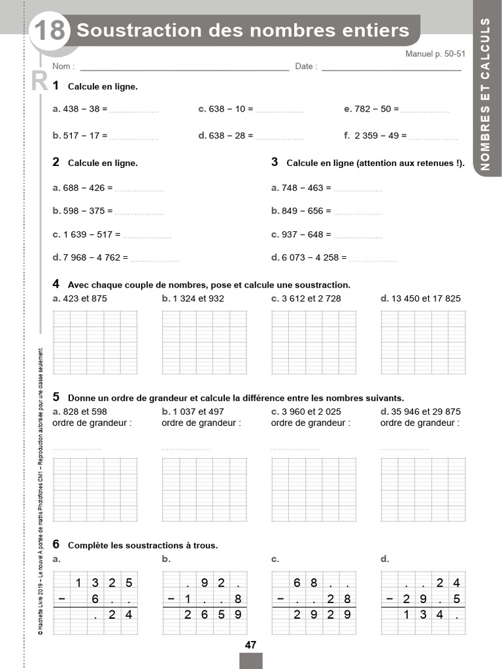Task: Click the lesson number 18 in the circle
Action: click(x=49, y=31)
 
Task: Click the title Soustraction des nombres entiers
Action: click(x=243, y=30)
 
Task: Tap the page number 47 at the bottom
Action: click(x=250, y=645)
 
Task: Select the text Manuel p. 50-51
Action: click(x=435, y=54)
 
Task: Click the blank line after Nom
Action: click(x=184, y=67)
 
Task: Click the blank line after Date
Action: click(x=391, y=67)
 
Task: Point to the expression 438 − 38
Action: click(x=81, y=109)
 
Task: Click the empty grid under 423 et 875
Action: click(x=95, y=342)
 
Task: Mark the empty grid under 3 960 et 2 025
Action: click(x=314, y=489)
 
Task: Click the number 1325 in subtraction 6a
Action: click(x=104, y=583)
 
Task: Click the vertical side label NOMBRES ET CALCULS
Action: click(x=486, y=94)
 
